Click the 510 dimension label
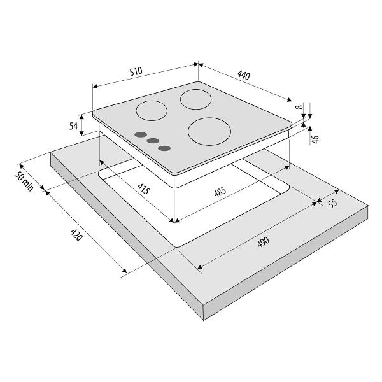click(x=136, y=71)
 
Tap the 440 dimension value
click(x=244, y=75)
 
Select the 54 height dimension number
click(x=74, y=126)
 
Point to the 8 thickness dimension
click(x=301, y=106)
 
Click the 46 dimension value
click(x=315, y=139)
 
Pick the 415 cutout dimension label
click(x=143, y=188)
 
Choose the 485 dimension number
click(x=220, y=192)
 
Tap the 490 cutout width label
click(x=264, y=242)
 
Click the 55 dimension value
click(x=333, y=203)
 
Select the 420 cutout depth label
click(x=77, y=234)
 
